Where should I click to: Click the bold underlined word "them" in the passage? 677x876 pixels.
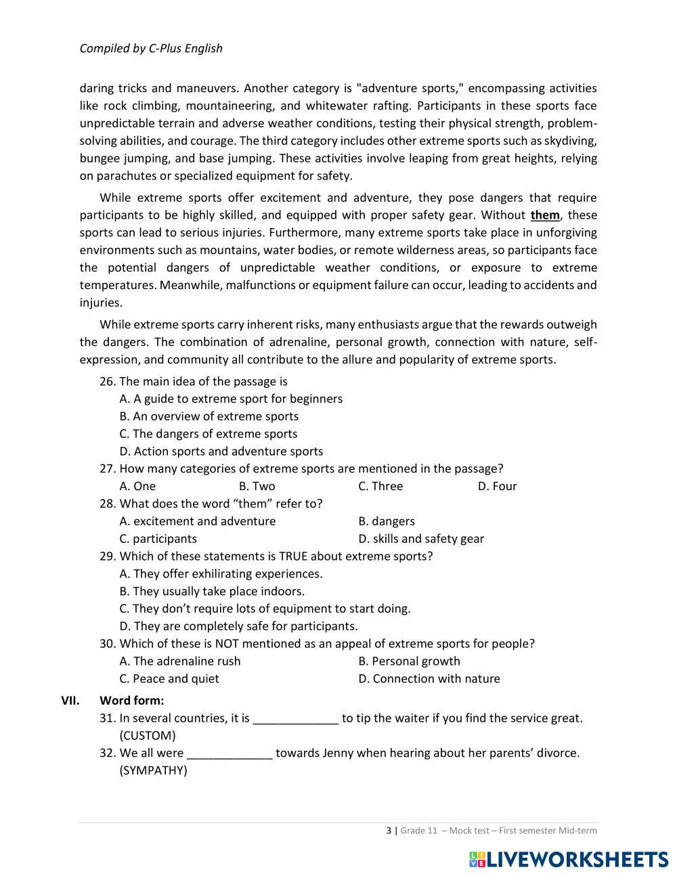[x=545, y=215]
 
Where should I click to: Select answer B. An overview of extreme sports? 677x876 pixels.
[x=209, y=416]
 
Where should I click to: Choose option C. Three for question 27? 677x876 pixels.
[x=380, y=486]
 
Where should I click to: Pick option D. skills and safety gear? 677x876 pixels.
[x=421, y=539]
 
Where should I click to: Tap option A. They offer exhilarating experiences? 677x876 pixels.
[x=221, y=574]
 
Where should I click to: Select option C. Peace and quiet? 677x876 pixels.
[x=169, y=679]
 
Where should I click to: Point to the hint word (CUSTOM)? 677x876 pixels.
[x=148, y=736]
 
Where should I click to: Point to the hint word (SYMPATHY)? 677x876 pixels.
[x=153, y=771]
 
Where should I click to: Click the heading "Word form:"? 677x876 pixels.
[x=131, y=701]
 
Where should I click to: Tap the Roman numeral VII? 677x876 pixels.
[x=70, y=701]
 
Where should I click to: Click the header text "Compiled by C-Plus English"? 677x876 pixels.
[x=151, y=48]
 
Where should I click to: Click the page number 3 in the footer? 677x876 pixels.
[x=389, y=831]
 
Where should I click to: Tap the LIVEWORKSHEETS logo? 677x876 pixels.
[x=568, y=859]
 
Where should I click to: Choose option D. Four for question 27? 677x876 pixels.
[x=497, y=486]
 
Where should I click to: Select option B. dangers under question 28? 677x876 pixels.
[x=387, y=521]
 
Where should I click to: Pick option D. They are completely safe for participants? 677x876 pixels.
[x=238, y=626]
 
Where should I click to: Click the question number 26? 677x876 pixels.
[x=108, y=382]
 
